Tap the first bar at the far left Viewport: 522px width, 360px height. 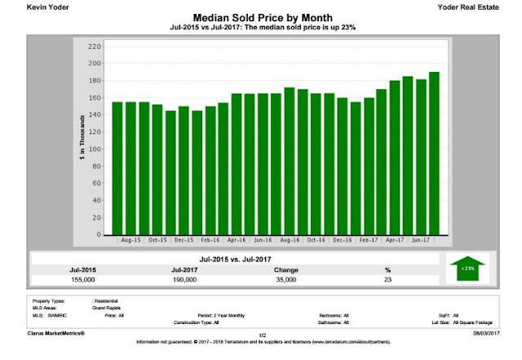pyautogui.click(x=117, y=167)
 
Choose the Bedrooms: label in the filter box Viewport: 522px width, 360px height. pyautogui.click(x=330, y=313)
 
